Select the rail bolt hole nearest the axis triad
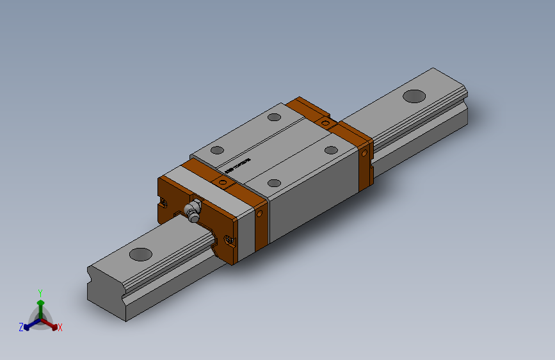[141, 254]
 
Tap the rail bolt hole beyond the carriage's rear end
[414, 96]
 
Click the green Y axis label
[40, 291]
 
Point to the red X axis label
[60, 328]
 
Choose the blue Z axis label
[21, 327]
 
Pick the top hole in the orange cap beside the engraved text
[223, 183]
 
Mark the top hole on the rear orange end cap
[326, 122]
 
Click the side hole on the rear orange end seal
[365, 154]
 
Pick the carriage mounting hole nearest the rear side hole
[331, 150]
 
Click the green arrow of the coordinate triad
[40, 304]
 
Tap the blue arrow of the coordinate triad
[29, 324]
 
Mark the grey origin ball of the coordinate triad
[40, 318]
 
